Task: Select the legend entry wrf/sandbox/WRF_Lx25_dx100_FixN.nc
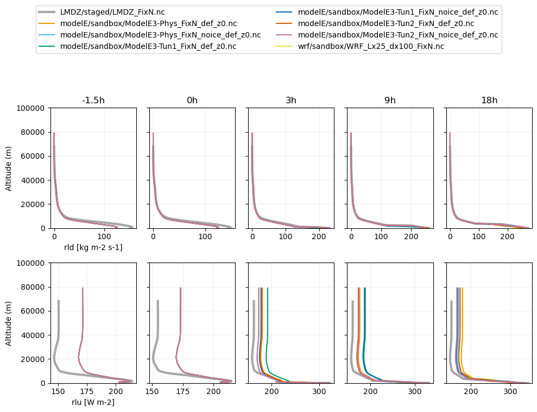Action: (x=371, y=46)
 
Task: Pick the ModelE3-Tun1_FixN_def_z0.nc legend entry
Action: (x=148, y=46)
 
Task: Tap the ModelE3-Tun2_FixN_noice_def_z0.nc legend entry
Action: (x=398, y=35)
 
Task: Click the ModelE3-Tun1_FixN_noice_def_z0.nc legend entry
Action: (x=398, y=12)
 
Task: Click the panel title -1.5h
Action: (x=93, y=101)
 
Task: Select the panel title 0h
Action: (x=192, y=101)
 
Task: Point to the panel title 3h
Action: (x=291, y=101)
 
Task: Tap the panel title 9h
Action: (x=390, y=101)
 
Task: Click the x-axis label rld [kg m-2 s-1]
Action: (x=93, y=247)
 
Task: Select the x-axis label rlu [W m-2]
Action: (x=93, y=402)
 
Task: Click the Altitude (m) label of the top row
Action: (x=9, y=168)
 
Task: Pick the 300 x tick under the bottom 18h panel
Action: (x=510, y=391)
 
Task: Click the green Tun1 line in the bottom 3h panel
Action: (x=268, y=326)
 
